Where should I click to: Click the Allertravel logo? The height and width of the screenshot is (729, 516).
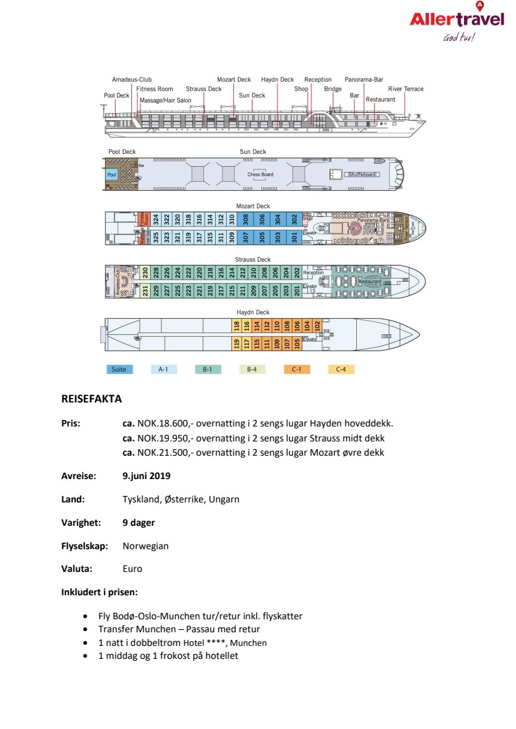coord(457,21)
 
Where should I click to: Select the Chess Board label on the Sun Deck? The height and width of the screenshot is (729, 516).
coord(260,175)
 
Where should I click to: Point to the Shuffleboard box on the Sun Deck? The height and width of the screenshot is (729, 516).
coord(363,175)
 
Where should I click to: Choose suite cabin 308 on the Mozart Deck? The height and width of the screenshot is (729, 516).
coord(246,219)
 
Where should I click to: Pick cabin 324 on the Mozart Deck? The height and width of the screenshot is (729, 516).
coord(155,219)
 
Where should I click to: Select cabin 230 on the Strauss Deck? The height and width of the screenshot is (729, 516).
coord(146,273)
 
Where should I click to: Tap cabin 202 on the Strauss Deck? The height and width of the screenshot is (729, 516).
coord(297,273)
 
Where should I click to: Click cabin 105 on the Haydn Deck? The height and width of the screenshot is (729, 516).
coord(297,343)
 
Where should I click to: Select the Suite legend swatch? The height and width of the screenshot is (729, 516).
coord(120,369)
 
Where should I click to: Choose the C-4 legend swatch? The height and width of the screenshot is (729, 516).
coord(341,369)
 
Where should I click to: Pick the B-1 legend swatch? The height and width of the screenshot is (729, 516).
coord(208,369)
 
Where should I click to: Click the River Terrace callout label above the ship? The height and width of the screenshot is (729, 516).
coord(406,89)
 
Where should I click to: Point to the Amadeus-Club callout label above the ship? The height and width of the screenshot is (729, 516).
coord(131,79)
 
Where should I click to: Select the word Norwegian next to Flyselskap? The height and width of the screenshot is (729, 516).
coord(146,546)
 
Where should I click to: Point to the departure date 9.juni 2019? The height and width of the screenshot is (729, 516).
coord(146,476)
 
